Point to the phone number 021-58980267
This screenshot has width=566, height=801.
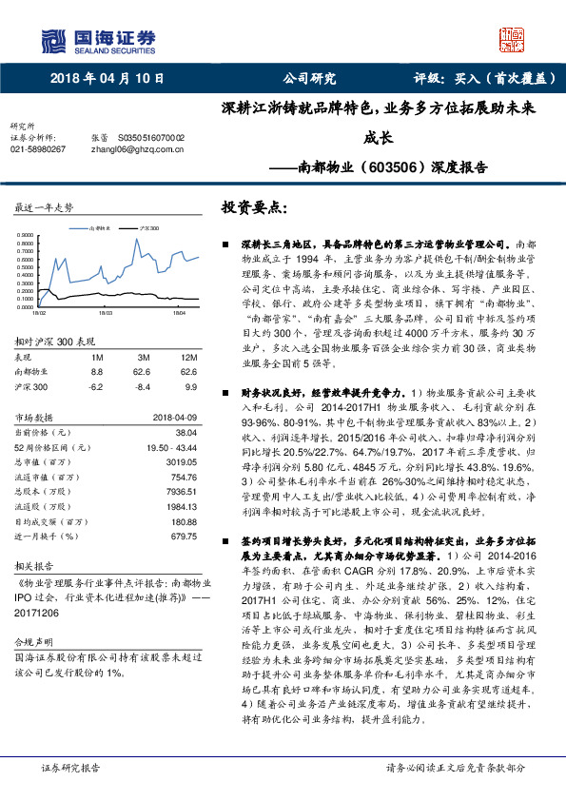[x=38, y=149]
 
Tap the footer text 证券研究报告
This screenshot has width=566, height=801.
[x=70, y=767]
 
